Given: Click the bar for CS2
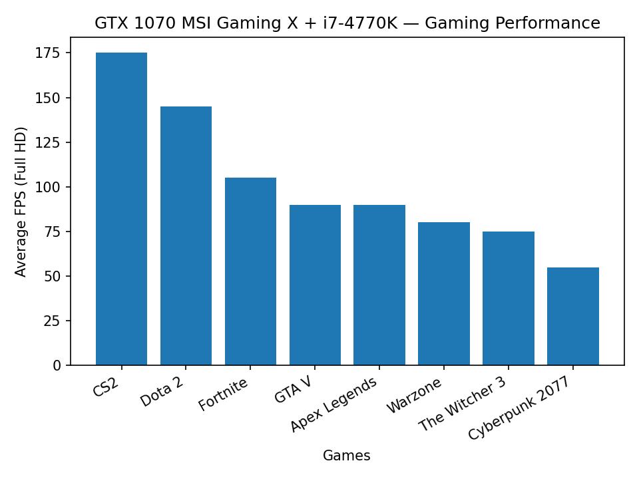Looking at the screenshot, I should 121,209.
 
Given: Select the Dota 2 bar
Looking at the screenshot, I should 186,236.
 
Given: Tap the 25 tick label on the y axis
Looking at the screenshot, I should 53,321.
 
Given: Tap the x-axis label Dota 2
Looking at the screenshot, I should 162,392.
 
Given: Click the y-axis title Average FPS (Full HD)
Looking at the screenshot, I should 21,202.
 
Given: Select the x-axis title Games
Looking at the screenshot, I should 346,456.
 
